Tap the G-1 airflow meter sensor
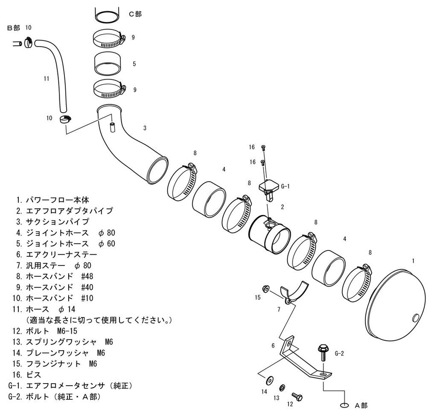(268, 188)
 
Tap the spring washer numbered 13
(282, 387)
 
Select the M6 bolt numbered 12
(297, 396)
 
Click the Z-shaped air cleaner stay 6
(301, 358)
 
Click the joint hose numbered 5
(107, 64)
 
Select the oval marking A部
(344, 405)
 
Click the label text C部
(135, 14)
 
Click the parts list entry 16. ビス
(30, 375)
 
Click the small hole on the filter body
(417, 317)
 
